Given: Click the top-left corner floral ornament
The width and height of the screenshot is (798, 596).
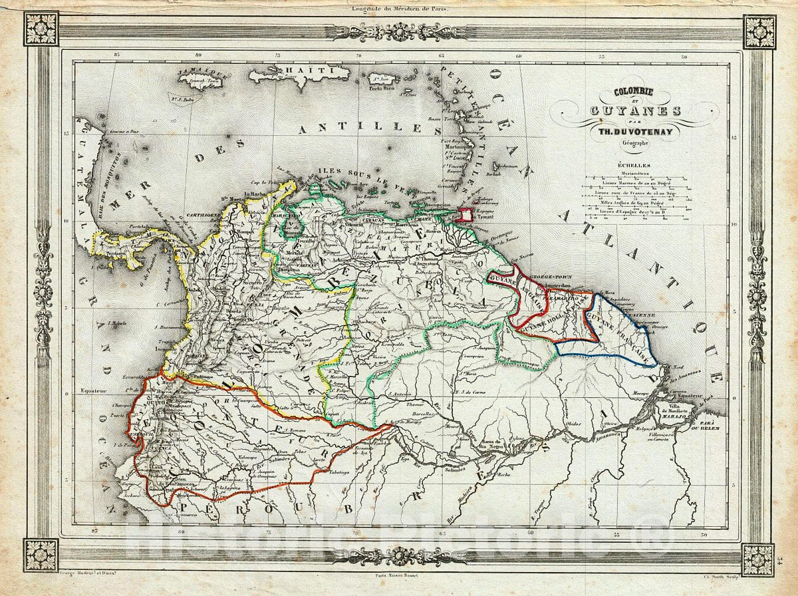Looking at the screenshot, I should coord(41,29).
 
